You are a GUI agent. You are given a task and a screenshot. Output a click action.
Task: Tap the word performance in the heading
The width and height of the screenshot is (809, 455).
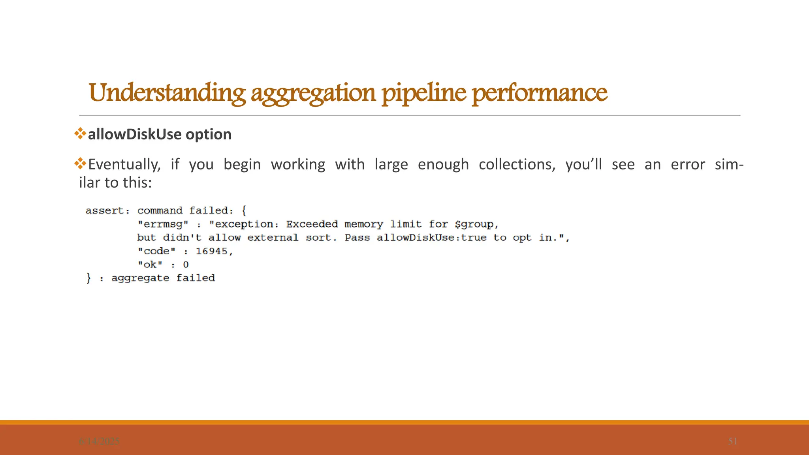(x=539, y=93)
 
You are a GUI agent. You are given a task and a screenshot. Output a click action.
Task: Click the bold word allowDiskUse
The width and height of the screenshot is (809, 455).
(x=134, y=134)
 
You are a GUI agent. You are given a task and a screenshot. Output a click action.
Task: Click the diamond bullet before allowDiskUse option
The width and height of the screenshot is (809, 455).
(x=80, y=133)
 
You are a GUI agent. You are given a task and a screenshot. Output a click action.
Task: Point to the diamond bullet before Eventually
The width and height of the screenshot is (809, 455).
(x=80, y=164)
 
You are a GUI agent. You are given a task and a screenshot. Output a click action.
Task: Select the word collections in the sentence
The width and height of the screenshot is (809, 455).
(x=517, y=164)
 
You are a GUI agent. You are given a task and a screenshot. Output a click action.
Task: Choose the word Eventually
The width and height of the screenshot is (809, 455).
(x=124, y=164)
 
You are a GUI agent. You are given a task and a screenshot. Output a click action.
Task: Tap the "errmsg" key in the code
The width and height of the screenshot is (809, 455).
(x=163, y=224)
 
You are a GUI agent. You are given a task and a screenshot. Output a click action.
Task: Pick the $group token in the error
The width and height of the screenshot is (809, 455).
(x=474, y=224)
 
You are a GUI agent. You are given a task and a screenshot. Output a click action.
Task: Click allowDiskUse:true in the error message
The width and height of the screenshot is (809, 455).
(x=431, y=238)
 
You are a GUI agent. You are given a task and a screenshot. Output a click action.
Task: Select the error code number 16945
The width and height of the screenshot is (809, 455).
(x=212, y=251)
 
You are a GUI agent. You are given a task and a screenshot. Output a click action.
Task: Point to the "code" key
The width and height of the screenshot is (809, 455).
(x=156, y=251)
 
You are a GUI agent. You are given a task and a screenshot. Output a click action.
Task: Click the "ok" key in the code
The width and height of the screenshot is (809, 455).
(x=150, y=265)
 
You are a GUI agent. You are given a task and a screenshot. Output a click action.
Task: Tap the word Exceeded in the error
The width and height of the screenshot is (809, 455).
(x=312, y=224)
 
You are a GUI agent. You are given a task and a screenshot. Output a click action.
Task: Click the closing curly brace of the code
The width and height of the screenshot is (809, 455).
(x=88, y=278)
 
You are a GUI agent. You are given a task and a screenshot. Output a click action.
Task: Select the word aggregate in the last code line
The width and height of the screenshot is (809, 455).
(x=140, y=278)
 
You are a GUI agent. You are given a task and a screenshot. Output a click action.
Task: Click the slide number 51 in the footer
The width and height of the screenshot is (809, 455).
(x=732, y=441)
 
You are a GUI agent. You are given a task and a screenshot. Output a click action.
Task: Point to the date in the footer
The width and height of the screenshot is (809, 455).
(x=99, y=442)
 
